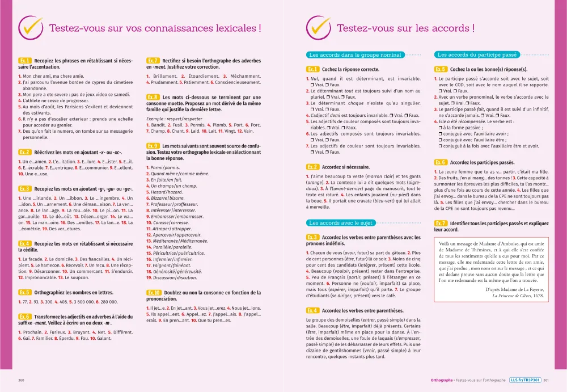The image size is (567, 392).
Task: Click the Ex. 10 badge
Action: click(154, 292)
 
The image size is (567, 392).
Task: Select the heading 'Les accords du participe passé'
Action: click(477, 55)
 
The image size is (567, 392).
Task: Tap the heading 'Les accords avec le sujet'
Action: click(341, 223)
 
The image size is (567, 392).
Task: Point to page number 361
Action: click(546, 380)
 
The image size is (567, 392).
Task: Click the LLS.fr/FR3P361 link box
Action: click(524, 380)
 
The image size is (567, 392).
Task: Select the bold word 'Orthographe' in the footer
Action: click(442, 380)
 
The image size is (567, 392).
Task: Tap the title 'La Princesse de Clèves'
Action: click(513, 296)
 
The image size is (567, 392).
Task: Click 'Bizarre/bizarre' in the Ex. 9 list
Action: click(166, 198)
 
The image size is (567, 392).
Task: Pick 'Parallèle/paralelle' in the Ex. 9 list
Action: click(170, 247)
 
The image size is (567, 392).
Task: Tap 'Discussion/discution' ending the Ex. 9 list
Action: click(172, 277)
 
